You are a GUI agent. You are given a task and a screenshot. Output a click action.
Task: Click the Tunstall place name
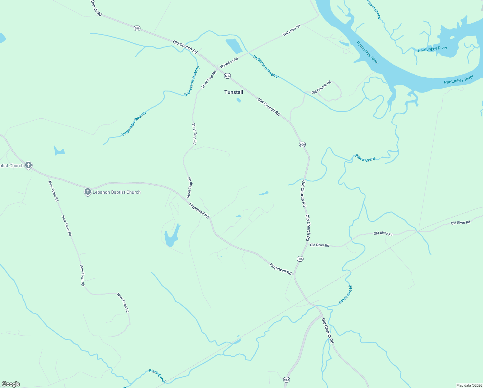coord(234,92)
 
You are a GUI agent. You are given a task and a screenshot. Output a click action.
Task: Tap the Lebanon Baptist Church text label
coord(117,192)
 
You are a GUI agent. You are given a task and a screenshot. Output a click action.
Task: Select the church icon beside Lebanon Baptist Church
coord(87,192)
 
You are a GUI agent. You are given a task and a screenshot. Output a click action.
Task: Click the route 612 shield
coord(286,379)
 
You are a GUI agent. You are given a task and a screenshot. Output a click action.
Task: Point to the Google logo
coord(11,384)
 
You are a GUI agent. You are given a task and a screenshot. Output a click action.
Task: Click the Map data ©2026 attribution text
coord(469,385)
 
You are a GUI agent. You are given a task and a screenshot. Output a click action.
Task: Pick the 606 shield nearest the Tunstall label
coord(227,76)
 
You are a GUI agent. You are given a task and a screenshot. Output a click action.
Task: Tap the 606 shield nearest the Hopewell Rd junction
coord(300,259)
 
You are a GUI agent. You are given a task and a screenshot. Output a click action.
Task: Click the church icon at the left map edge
coord(28,166)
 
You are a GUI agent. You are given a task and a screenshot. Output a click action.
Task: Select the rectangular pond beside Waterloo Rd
coord(234,46)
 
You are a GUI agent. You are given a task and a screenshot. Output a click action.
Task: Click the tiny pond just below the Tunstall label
coord(239,100)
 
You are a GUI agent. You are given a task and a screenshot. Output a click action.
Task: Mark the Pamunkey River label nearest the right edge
coord(458,80)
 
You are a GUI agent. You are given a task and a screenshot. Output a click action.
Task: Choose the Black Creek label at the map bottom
coord(158,376)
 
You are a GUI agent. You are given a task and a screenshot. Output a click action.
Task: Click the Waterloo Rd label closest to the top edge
coord(292,30)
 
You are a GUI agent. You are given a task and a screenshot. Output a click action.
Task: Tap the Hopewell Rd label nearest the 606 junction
coord(281,269)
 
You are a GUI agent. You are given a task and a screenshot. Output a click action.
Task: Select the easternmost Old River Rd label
coord(460,223)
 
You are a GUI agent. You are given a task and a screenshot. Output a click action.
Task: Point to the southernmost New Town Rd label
coord(123,303)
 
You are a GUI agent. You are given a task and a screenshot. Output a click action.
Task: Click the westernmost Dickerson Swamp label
coord(134,124)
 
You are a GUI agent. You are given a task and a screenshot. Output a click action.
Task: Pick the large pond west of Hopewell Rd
coord(171,236)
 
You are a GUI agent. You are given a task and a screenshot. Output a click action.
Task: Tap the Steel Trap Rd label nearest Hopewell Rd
coord(190,188)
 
